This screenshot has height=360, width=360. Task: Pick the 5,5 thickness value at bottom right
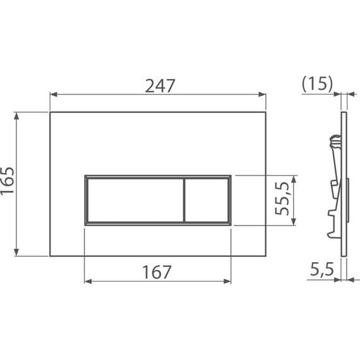tap(321, 271)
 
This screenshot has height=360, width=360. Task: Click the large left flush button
tap(134, 199)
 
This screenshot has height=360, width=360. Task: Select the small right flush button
tap(207, 199)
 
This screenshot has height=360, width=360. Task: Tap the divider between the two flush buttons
tap(184, 199)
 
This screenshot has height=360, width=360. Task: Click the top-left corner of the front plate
tap(51, 113)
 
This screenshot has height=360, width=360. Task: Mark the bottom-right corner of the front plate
tap(265, 256)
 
